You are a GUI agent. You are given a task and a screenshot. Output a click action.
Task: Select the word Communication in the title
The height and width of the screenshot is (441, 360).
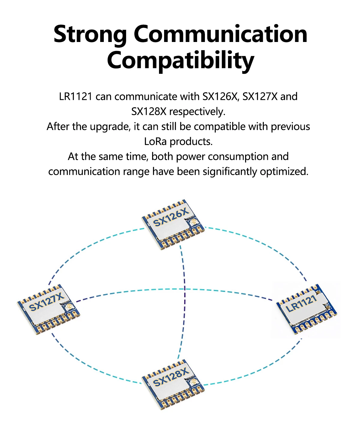[220, 34]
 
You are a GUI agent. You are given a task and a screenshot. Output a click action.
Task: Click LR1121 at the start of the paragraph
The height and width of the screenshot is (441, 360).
[76, 97]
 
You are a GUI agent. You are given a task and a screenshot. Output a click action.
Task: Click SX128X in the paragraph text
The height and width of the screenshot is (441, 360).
[149, 112]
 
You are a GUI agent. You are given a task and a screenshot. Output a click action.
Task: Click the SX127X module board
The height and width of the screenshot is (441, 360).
[48, 309]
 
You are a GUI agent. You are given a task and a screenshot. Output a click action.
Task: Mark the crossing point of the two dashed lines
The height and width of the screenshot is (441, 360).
[184, 289]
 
